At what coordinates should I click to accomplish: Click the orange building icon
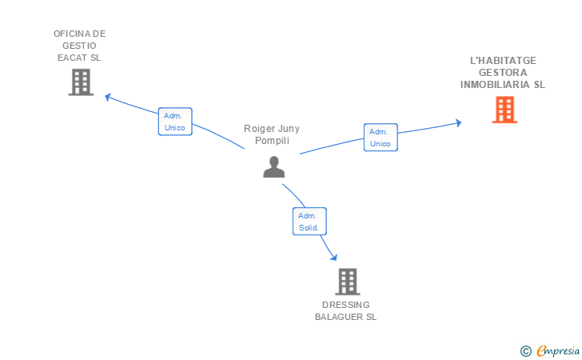click(x=504, y=110)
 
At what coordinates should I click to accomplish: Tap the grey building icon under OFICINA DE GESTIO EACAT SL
click(x=81, y=82)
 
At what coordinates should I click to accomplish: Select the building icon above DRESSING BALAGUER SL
click(x=348, y=282)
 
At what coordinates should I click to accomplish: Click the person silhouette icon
click(x=274, y=167)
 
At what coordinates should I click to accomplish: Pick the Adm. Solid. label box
click(x=309, y=222)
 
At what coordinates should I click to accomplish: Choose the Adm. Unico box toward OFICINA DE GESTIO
click(x=175, y=122)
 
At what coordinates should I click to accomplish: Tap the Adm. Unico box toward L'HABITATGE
click(x=381, y=138)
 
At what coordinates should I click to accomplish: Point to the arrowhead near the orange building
click(x=458, y=123)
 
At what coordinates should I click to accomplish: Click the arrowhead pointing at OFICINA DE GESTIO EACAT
click(x=108, y=98)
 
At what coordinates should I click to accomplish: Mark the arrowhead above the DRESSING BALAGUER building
click(x=334, y=257)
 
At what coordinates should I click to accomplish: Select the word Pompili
click(x=272, y=141)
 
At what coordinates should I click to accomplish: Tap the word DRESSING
click(x=346, y=305)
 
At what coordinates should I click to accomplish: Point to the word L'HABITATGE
click(x=504, y=61)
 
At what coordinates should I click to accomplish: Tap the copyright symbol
click(x=525, y=351)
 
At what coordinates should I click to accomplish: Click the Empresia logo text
click(x=558, y=350)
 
